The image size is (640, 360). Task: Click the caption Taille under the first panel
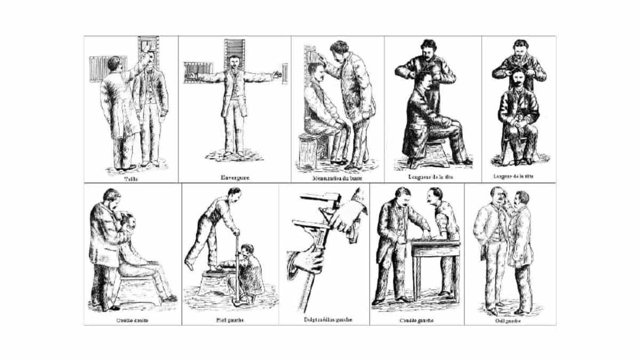click(130, 179)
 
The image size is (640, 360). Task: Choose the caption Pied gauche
click(230, 321)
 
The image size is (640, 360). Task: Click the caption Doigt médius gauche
click(323, 321)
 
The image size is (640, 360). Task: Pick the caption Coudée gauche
click(416, 321)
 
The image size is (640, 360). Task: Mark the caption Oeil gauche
click(509, 321)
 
